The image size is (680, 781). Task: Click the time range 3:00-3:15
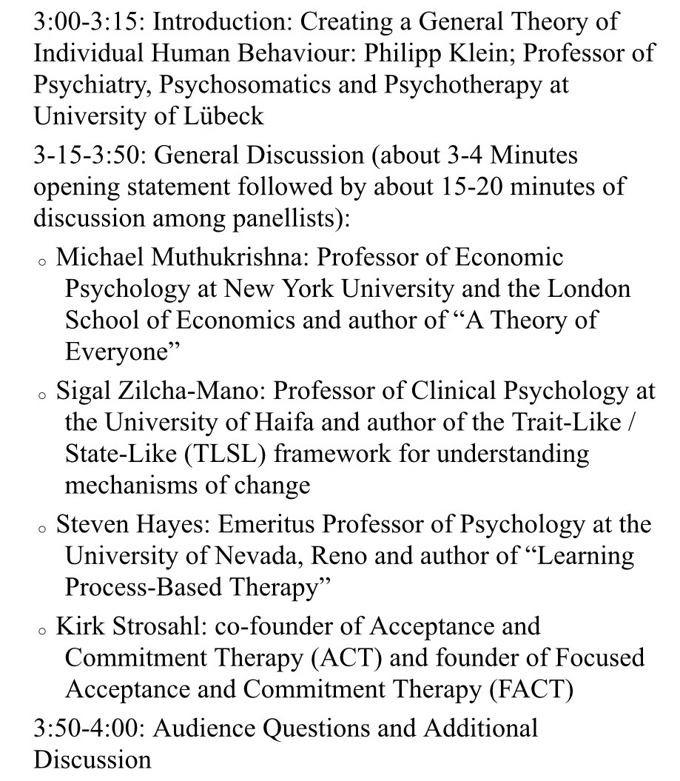point(89,21)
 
